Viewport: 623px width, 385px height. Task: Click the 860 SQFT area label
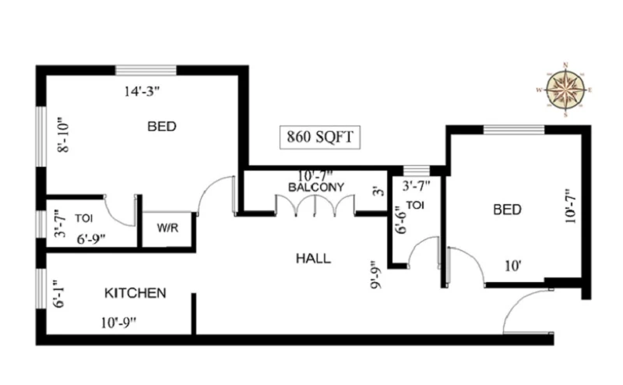click(x=320, y=137)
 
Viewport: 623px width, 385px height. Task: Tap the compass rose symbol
click(x=565, y=90)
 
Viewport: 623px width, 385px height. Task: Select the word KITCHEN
click(x=135, y=293)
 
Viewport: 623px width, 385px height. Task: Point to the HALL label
click(x=313, y=259)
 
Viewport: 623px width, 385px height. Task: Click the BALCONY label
click(x=316, y=187)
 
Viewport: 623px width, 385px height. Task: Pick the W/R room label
click(x=167, y=228)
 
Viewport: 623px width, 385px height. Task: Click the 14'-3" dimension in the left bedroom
click(x=142, y=91)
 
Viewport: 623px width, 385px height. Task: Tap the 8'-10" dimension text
click(x=63, y=135)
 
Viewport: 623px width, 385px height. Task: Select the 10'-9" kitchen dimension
click(x=118, y=323)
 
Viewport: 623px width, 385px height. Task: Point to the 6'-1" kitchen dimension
click(x=59, y=294)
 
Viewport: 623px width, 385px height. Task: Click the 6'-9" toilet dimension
click(x=91, y=239)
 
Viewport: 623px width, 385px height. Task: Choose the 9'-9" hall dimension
click(x=376, y=275)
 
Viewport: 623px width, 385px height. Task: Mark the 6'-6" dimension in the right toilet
click(x=401, y=220)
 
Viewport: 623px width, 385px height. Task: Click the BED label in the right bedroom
click(x=508, y=210)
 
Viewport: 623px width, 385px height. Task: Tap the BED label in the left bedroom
click(x=162, y=126)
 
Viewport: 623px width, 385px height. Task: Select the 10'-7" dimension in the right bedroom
click(x=570, y=206)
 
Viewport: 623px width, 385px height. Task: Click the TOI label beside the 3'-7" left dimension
click(x=84, y=218)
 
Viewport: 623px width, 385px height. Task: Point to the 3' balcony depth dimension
click(x=379, y=191)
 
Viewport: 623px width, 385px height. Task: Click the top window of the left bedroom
click(x=146, y=70)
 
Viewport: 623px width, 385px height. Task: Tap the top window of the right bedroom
click(x=514, y=129)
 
